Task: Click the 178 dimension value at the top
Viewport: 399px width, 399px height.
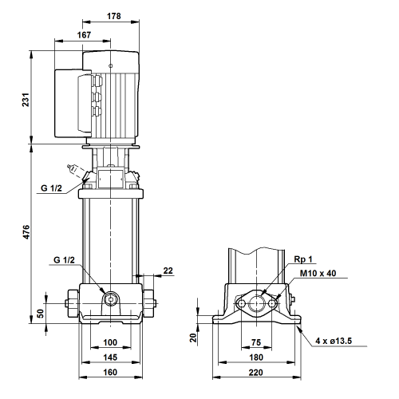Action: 114,16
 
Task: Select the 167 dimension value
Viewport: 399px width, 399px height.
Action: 84,35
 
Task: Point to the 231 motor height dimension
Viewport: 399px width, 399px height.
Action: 26,100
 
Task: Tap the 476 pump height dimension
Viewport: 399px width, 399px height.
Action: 26,231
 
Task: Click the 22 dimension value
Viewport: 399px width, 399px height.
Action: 168,271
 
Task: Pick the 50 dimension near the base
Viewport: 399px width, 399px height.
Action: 40,314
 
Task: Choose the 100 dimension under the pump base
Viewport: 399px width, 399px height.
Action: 110,342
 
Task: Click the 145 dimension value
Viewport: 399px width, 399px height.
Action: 110,358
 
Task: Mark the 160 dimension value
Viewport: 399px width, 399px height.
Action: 110,372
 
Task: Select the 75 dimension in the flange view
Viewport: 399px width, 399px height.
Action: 256,342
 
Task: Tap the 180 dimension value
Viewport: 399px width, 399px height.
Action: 256,358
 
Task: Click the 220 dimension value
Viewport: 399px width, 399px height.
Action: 256,373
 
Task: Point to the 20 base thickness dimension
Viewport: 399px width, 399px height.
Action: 193,338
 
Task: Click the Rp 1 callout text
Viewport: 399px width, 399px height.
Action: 303,259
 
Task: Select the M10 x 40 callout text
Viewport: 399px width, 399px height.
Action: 318,273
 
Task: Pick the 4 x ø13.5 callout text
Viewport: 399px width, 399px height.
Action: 334,341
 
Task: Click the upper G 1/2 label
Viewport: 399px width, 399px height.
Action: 51,188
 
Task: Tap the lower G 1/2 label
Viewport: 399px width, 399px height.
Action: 64,259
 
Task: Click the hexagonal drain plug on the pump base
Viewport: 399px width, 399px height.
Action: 110,298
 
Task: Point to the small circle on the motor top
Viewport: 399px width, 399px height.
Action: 111,65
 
